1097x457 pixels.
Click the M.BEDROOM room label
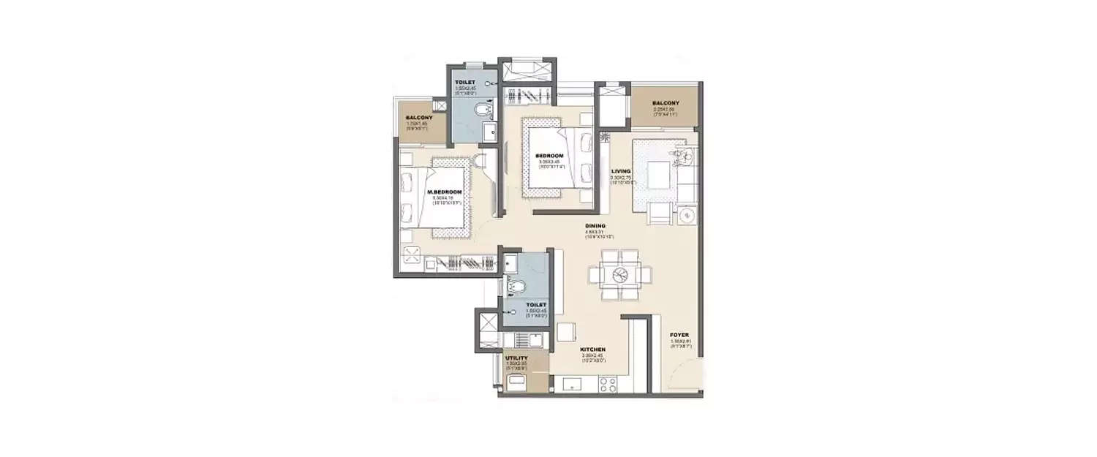[x=439, y=192]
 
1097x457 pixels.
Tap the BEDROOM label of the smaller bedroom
[x=548, y=155]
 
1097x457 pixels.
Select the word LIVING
[x=621, y=172]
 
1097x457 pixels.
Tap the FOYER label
[x=679, y=334]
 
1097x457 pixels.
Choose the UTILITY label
[x=516, y=358]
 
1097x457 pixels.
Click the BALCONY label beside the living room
[x=666, y=103]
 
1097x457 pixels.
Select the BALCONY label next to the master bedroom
[x=419, y=118]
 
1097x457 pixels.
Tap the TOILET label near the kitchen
[x=536, y=304]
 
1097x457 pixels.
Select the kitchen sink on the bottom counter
[x=568, y=383]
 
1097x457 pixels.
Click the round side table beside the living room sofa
[x=686, y=216]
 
